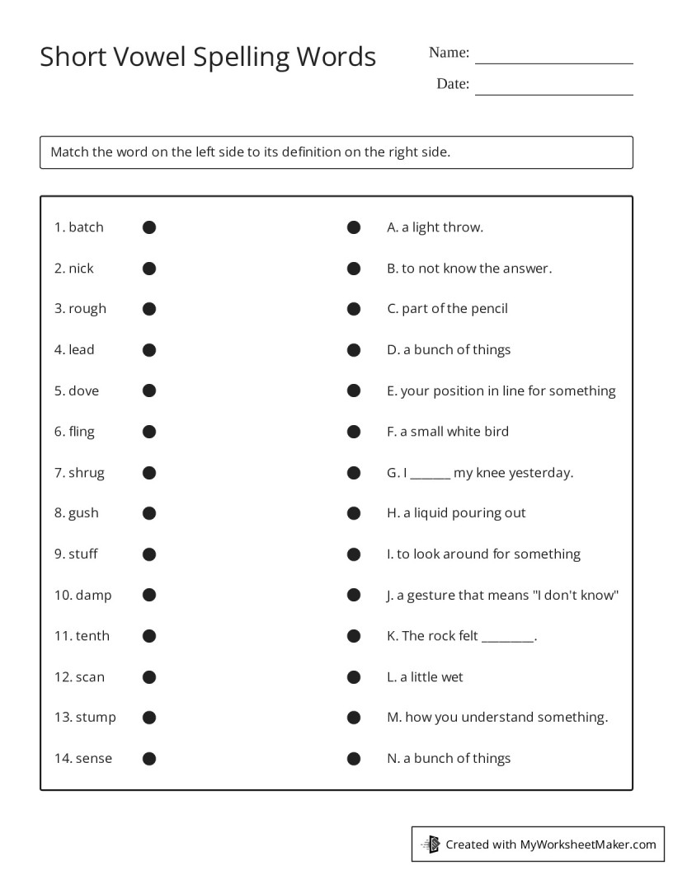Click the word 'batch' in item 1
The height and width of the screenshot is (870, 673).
click(86, 227)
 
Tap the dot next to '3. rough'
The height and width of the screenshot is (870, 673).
click(149, 309)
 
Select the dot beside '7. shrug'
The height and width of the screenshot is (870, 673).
click(149, 473)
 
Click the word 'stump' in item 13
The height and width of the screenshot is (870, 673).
click(96, 718)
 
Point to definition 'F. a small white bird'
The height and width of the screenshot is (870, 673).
click(448, 432)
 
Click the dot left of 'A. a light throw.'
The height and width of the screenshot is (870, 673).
click(354, 227)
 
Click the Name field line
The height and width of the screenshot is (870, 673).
click(553, 62)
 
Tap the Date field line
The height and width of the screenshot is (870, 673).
click(553, 93)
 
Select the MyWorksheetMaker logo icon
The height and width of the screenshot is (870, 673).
click(431, 844)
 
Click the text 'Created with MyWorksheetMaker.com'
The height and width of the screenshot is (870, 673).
click(550, 844)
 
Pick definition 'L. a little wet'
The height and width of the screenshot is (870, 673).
click(425, 677)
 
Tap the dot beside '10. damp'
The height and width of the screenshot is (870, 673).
click(149, 595)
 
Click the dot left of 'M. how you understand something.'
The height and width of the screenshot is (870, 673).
click(354, 718)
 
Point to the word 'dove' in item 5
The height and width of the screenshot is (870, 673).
click(83, 391)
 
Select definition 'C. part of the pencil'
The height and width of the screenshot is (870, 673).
click(447, 309)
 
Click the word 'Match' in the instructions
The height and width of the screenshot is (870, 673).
click(69, 152)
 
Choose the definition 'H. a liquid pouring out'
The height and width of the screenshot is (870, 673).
click(456, 513)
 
